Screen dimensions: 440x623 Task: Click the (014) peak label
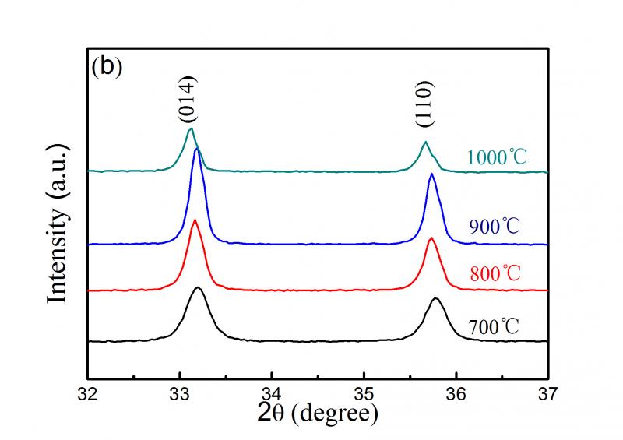[x=187, y=100]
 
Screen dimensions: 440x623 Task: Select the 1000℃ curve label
[x=498, y=157]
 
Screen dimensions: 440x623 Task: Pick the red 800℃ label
[x=498, y=273]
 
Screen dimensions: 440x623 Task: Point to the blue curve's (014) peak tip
[x=197, y=148]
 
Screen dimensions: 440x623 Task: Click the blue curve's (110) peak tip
[x=431, y=174]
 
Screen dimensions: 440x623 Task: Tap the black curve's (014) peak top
[x=199, y=288]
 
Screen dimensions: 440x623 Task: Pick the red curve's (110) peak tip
[x=431, y=238]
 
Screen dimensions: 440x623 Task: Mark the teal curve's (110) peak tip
[x=425, y=143]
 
